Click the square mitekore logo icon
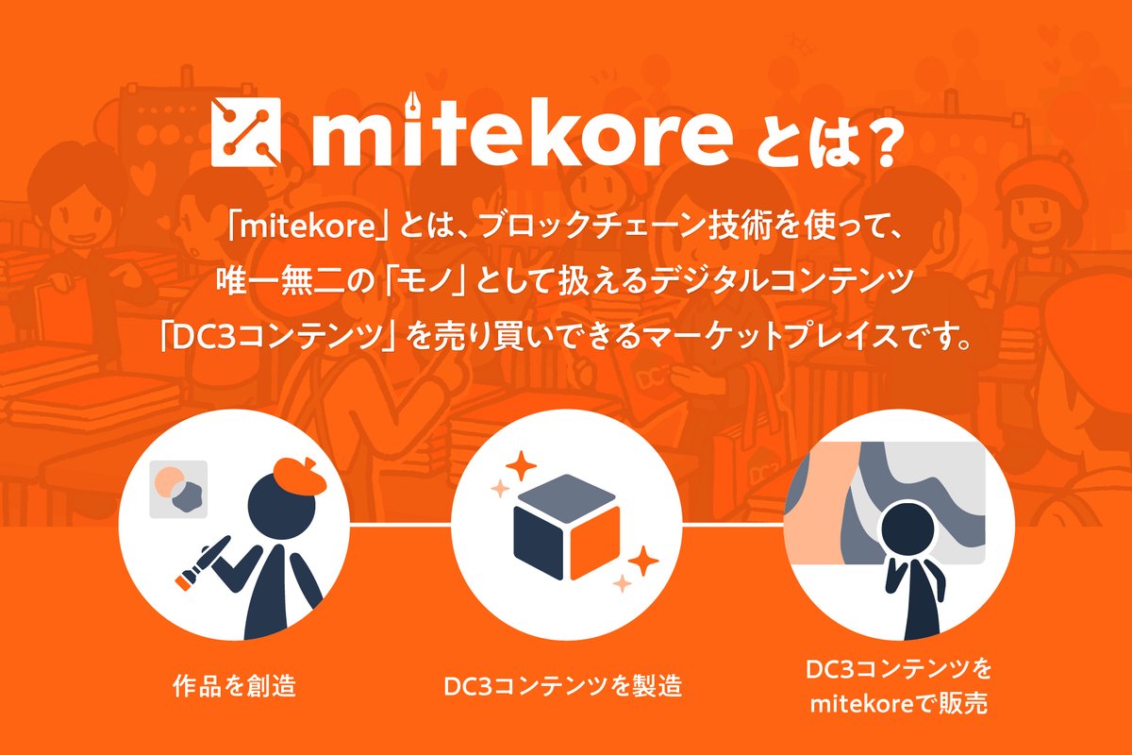[245, 131]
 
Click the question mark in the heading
[889, 143]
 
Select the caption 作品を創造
[234, 686]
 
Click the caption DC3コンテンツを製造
[563, 686]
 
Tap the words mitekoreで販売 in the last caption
[899, 704]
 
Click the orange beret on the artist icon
[300, 476]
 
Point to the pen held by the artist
[201, 562]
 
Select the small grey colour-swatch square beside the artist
[178, 489]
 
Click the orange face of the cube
[595, 542]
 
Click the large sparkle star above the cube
[521, 465]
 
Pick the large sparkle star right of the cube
[642, 561]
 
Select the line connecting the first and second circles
[400, 525]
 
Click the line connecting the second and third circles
[733, 525]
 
